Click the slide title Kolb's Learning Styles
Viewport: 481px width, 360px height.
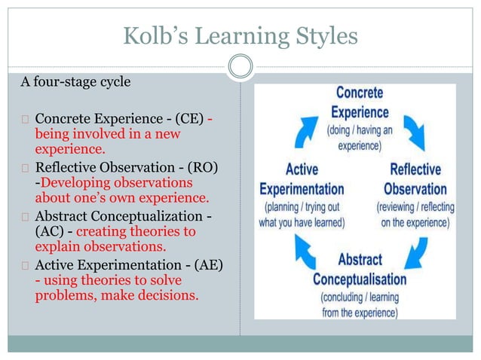point(240,34)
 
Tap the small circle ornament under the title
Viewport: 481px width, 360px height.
point(240,68)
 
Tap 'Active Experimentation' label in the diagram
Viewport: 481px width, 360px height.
point(302,179)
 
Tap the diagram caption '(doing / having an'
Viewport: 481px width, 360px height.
point(359,130)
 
